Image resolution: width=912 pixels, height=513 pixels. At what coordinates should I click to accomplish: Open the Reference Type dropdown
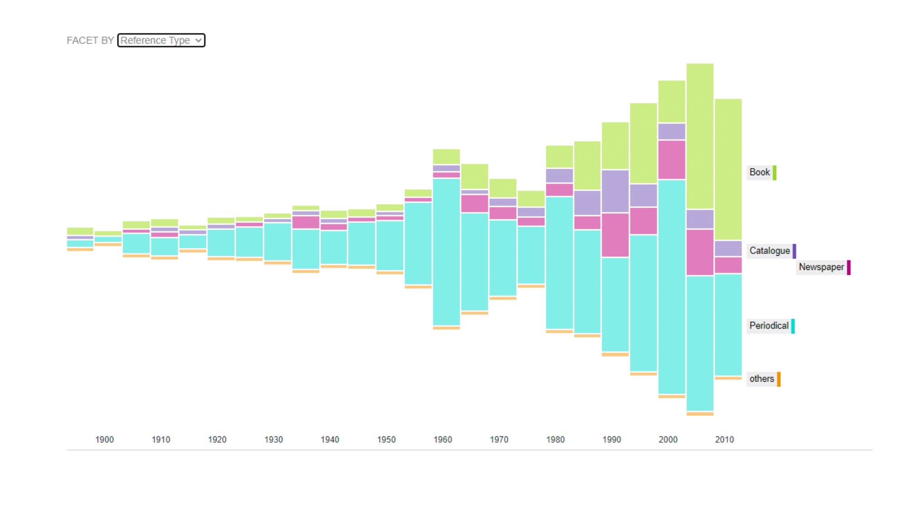click(161, 41)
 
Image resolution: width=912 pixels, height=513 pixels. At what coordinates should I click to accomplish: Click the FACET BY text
click(90, 41)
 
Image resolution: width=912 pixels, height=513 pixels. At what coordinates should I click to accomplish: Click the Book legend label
click(760, 172)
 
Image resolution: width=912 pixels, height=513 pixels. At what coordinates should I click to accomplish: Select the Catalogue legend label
click(770, 251)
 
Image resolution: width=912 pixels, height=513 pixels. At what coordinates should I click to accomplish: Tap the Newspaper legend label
click(821, 267)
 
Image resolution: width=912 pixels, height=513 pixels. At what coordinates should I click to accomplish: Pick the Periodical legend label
click(769, 326)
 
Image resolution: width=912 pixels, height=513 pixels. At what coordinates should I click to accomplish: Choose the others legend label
click(762, 379)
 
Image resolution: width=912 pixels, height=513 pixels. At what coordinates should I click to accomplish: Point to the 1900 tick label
click(104, 440)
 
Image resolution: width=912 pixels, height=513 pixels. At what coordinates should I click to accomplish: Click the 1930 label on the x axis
click(274, 440)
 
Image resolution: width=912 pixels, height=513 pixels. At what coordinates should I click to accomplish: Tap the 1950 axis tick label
click(386, 440)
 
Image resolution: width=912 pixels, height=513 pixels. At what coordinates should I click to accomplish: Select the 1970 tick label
click(499, 440)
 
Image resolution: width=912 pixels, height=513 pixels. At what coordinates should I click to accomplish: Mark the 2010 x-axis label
click(724, 440)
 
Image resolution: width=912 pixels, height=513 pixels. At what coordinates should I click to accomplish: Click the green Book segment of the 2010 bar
click(728, 169)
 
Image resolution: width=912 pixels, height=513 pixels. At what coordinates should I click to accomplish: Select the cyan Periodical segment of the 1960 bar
click(446, 251)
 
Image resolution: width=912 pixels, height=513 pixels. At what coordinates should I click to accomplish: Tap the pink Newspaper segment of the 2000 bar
click(672, 160)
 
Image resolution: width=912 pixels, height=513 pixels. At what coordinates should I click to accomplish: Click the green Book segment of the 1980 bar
click(560, 157)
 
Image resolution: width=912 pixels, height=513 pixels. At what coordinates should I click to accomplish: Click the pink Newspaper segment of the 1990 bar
click(615, 235)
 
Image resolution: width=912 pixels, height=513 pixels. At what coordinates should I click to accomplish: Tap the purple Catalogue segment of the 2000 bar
click(672, 131)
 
